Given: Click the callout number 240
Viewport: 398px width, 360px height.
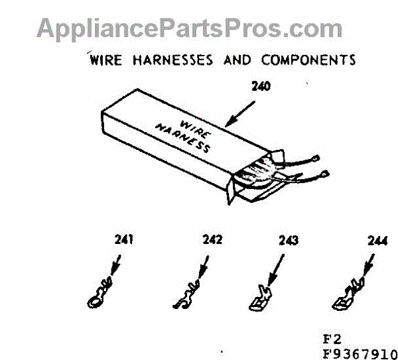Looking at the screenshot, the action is pyautogui.click(x=261, y=86).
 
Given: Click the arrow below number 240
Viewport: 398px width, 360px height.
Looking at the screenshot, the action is pyautogui.click(x=239, y=113).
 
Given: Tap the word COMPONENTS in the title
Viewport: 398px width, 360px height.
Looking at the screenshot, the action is pyautogui.click(x=308, y=60).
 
